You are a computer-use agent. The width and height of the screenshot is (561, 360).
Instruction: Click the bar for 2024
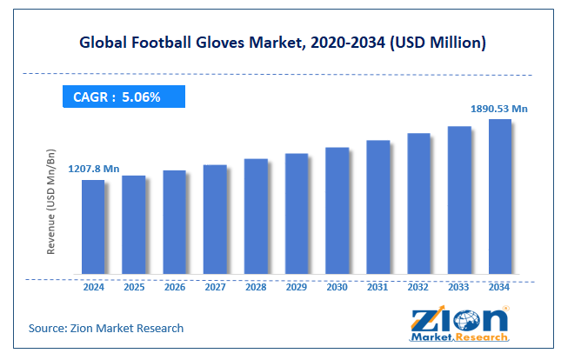[93, 228]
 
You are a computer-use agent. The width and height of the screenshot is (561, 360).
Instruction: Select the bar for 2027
[215, 220]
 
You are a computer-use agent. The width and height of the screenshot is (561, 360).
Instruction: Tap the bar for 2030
[337, 211]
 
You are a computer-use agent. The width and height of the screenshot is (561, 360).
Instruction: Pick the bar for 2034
[499, 197]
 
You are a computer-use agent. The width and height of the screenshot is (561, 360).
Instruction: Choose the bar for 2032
[418, 204]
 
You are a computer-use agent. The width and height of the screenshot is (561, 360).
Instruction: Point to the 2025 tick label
[134, 286]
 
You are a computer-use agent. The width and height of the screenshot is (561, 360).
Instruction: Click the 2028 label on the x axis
[256, 286]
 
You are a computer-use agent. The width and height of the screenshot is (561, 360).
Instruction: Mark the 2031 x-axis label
[377, 286]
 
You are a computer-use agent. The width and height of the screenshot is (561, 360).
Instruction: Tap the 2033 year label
[459, 286]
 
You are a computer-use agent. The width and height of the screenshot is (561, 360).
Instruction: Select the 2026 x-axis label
[174, 286]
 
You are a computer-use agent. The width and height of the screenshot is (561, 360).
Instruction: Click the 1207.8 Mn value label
[93, 168]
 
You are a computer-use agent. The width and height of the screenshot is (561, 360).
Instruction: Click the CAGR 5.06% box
[123, 97]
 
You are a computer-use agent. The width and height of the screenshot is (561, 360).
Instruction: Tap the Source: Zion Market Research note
[105, 328]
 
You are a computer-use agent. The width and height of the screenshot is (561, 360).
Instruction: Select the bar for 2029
[297, 215]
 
